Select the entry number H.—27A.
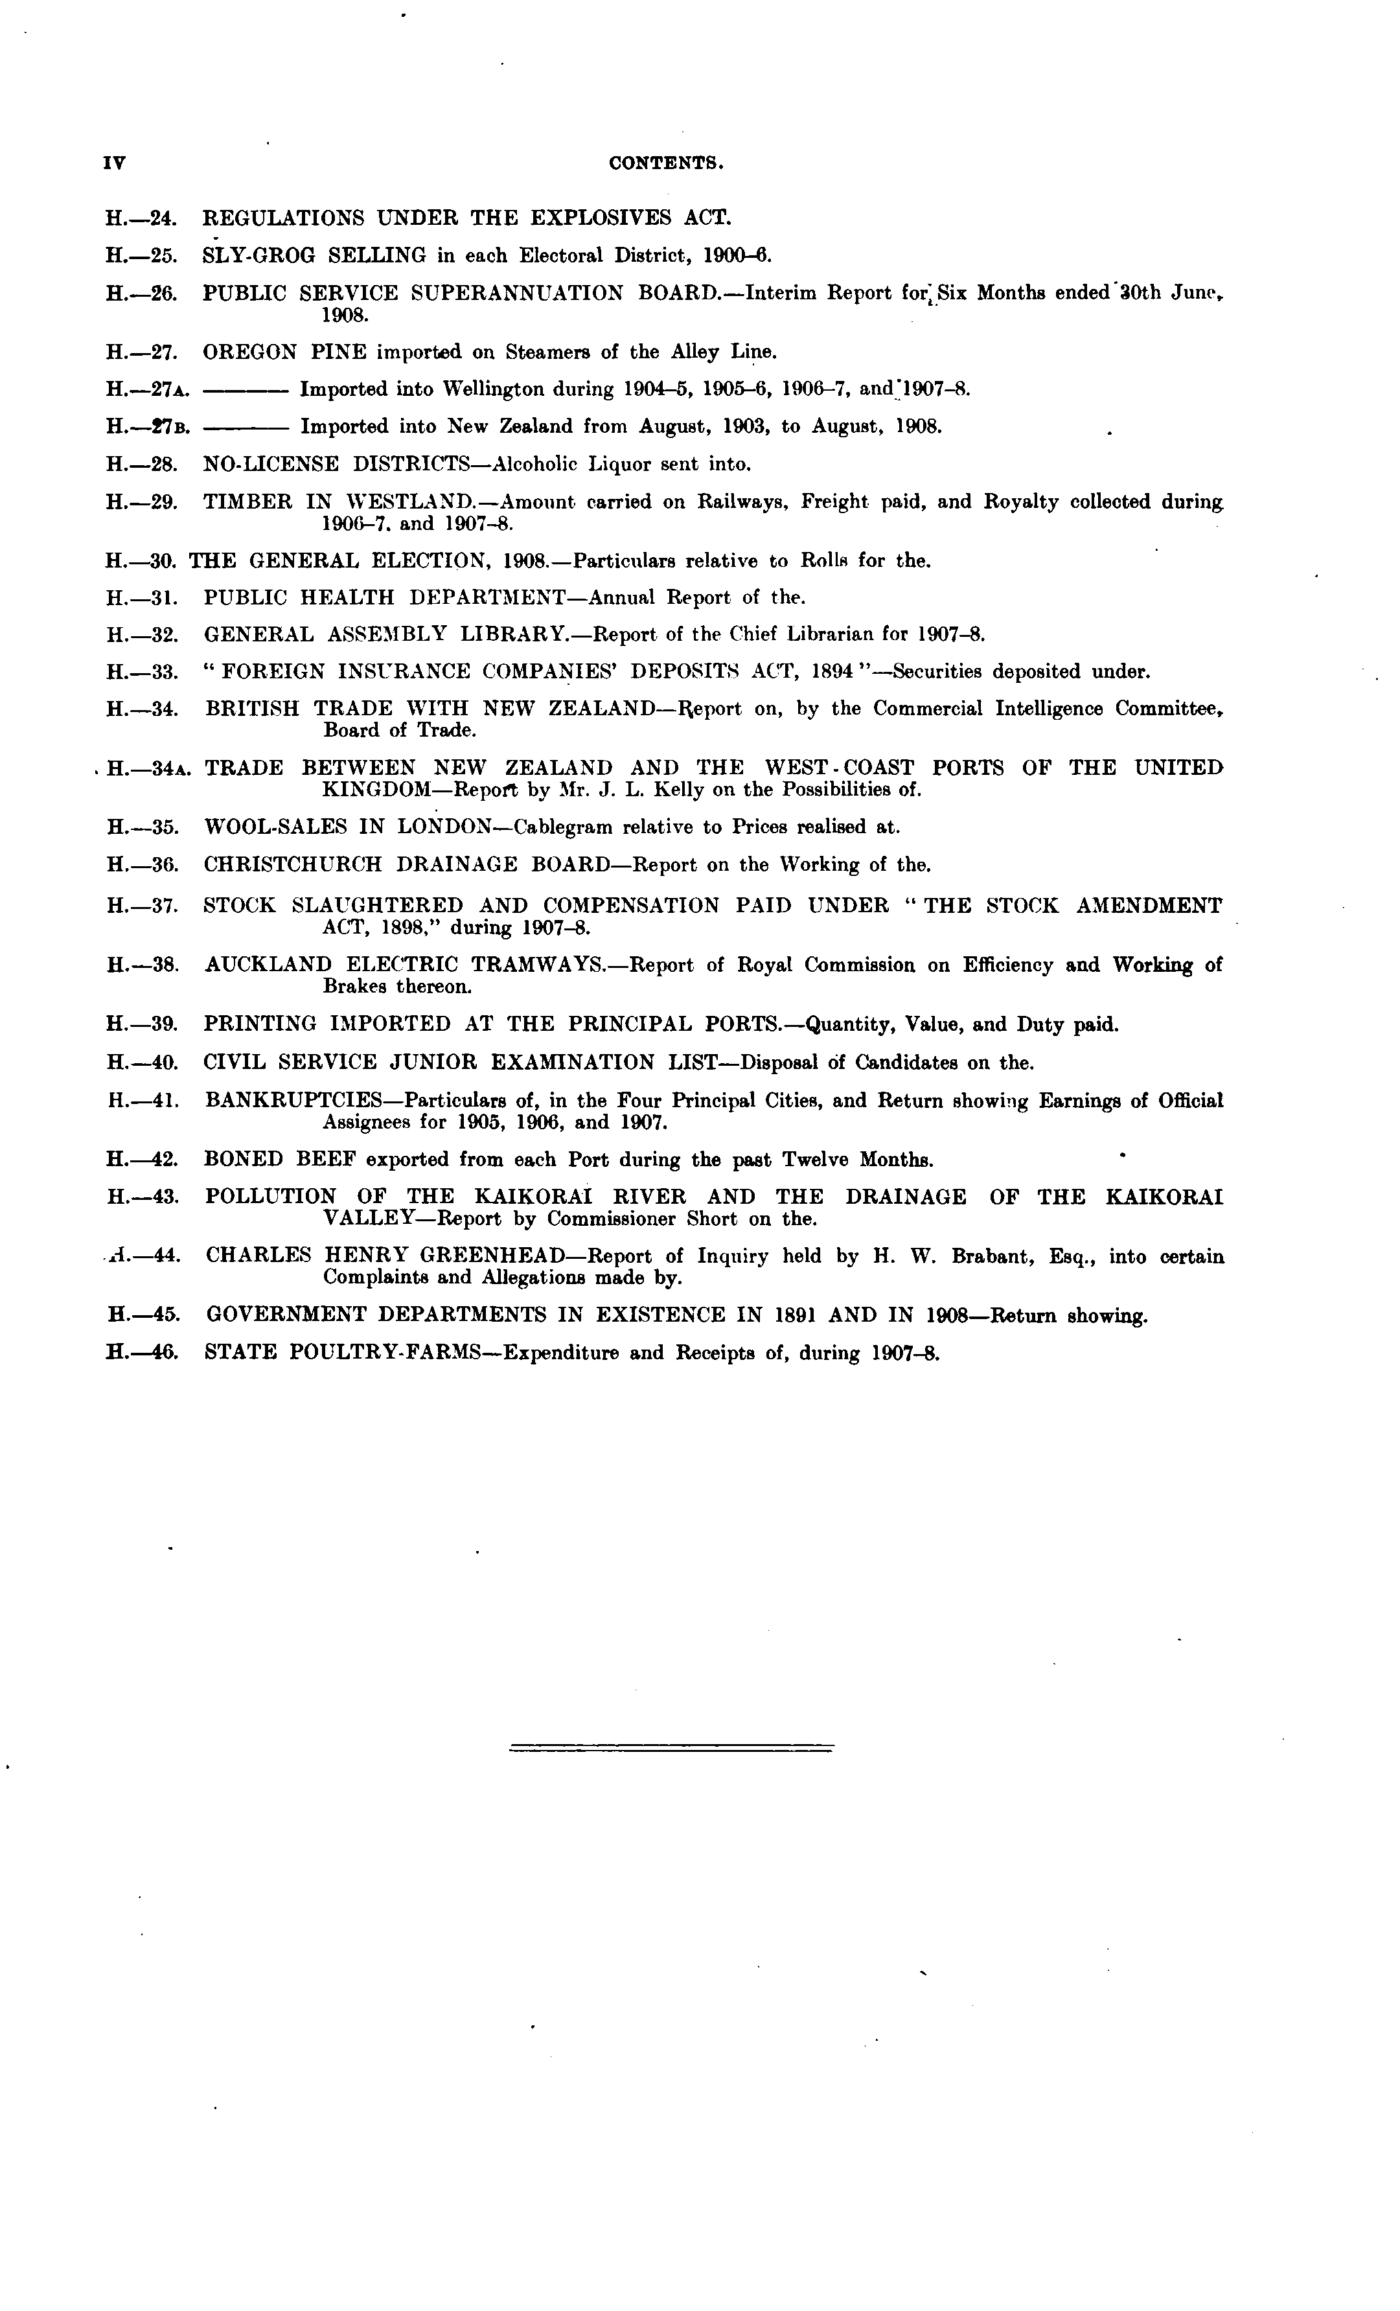click(148, 390)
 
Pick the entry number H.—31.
click(143, 597)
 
